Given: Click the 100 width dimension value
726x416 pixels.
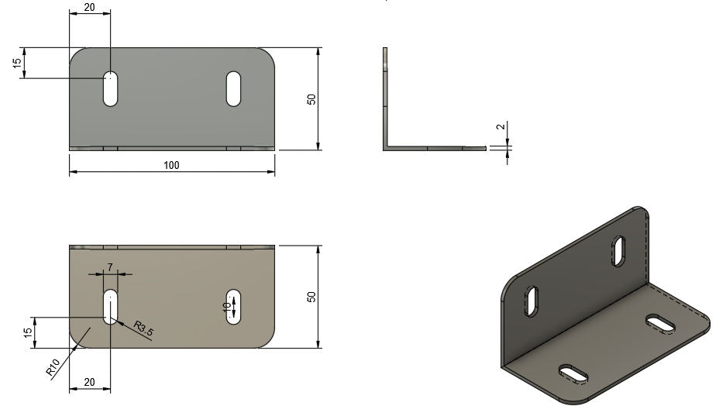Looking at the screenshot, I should [171, 165].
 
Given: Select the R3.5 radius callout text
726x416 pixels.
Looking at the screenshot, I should [144, 328].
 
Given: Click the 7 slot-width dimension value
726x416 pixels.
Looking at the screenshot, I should [110, 266].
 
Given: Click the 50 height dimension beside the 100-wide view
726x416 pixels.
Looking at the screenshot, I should [311, 99].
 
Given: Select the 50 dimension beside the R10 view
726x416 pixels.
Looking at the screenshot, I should [311, 297].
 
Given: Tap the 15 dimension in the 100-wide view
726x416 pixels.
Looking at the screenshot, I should [17, 63].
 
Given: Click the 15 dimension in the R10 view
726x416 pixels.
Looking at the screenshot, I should [27, 332].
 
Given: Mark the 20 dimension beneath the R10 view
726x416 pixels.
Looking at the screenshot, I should [89, 382].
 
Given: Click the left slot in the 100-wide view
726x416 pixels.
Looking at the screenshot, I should [111, 88].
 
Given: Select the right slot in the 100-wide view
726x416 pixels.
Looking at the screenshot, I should [233, 88].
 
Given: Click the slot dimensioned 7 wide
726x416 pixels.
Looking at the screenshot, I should [111, 306].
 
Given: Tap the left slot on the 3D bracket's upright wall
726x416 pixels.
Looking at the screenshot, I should [533, 301].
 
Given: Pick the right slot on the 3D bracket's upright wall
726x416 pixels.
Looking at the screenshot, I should [620, 249].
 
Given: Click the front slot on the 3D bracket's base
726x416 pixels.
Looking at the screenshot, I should [574, 373].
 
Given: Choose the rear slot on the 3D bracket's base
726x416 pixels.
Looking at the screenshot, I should [659, 322].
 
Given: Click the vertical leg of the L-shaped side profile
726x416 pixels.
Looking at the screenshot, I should [384, 97].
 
